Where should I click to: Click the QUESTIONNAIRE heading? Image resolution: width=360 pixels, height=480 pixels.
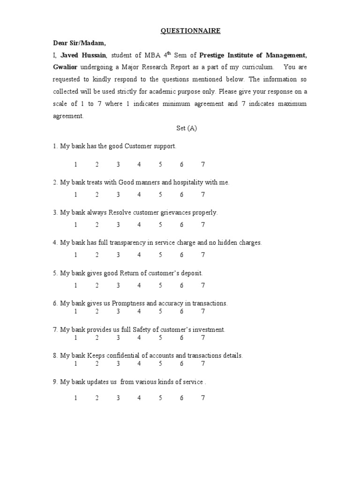(x=184, y=31)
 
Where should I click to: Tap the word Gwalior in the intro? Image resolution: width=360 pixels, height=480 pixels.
(x=67, y=67)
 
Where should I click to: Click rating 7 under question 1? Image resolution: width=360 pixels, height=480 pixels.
(x=203, y=165)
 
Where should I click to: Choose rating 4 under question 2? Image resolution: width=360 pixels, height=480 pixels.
(x=139, y=195)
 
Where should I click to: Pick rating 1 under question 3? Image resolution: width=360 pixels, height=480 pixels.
(x=75, y=225)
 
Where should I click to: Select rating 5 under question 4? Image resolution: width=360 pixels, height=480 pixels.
(x=160, y=255)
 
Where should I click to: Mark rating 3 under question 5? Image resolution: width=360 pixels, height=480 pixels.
(x=118, y=285)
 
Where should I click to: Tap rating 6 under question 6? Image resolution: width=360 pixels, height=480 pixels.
(x=181, y=311)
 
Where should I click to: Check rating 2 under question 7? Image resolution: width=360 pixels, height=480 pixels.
(x=97, y=337)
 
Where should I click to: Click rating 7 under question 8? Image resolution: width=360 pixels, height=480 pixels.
(x=203, y=363)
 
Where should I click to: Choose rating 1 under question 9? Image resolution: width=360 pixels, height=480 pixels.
(x=75, y=398)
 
